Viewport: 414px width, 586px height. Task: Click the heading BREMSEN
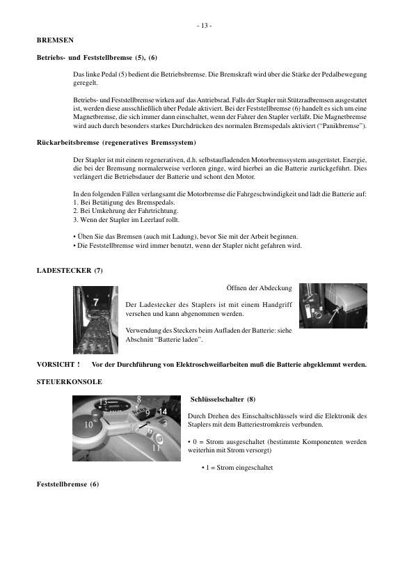(55, 40)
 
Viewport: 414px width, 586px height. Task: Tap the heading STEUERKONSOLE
(69, 381)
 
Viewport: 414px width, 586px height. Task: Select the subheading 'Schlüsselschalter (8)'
(223, 399)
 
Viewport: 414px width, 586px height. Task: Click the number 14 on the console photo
(163, 411)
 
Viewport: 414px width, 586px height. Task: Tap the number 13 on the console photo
(103, 402)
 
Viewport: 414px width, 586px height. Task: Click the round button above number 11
(157, 438)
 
